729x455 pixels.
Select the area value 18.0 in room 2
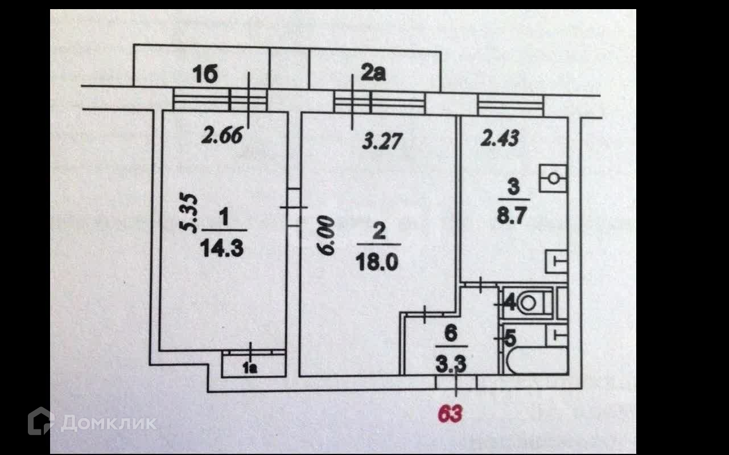(x=379, y=262)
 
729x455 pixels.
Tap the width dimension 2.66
(x=224, y=137)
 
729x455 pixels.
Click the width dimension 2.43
(x=500, y=138)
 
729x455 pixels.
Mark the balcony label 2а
(x=373, y=73)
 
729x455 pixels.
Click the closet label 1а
(x=250, y=368)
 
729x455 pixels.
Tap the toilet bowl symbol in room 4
(x=528, y=303)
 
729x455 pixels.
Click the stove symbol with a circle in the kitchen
(x=553, y=179)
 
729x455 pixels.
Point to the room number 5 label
(x=510, y=339)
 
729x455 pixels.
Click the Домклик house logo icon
(x=42, y=421)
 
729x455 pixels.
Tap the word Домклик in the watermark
(x=108, y=423)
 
